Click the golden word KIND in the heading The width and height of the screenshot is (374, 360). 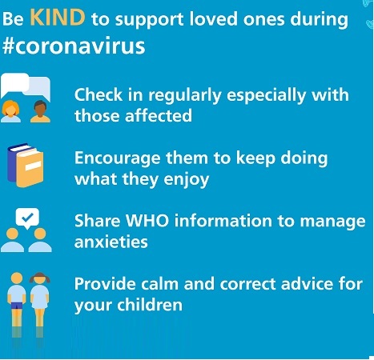pyautogui.click(x=58, y=18)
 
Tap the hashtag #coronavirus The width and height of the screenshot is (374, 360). pyautogui.click(x=74, y=46)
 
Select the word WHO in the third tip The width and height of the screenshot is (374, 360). pyautogui.click(x=147, y=221)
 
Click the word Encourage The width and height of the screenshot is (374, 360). pyautogui.click(x=117, y=159)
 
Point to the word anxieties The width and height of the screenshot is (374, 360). pyautogui.click(x=111, y=242)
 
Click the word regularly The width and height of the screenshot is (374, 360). pyautogui.click(x=185, y=96)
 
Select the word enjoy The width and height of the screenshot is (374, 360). pyautogui.click(x=186, y=180)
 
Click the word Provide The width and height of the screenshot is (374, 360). pyautogui.click(x=105, y=283)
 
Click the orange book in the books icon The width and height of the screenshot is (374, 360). pyautogui.click(x=30, y=168)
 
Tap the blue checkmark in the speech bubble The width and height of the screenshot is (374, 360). pyautogui.click(x=27, y=218)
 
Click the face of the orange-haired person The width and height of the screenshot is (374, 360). pyautogui.click(x=10, y=110)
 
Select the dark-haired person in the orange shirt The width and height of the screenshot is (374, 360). pyautogui.click(x=40, y=111)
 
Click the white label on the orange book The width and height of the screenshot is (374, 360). pyautogui.click(x=33, y=166)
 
